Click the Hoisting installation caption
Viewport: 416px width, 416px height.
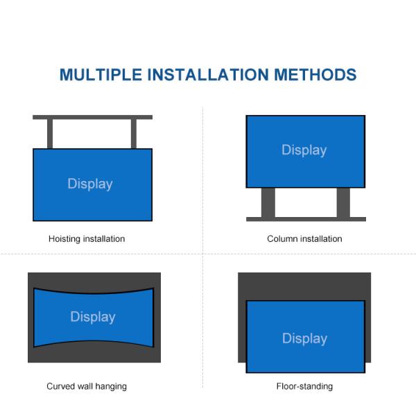click(87, 239)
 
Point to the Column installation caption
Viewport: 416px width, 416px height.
click(304, 239)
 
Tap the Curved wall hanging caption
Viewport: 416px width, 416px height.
click(87, 386)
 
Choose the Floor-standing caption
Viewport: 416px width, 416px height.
click(304, 386)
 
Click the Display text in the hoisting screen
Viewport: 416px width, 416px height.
click(90, 184)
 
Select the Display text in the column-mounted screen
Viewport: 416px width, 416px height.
click(304, 150)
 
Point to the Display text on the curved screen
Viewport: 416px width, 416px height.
click(93, 317)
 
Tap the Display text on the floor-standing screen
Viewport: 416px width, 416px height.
click(304, 338)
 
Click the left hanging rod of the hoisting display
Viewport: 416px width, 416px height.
click(50, 134)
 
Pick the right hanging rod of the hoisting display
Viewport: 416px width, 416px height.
click(134, 134)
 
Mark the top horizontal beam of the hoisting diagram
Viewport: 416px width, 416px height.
click(92, 117)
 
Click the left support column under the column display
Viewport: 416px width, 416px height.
click(268, 202)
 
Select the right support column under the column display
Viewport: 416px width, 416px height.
click(343, 202)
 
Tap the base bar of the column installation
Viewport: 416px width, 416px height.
click(306, 219)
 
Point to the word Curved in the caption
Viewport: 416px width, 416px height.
click(60, 386)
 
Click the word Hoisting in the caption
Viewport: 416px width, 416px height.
click(64, 239)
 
